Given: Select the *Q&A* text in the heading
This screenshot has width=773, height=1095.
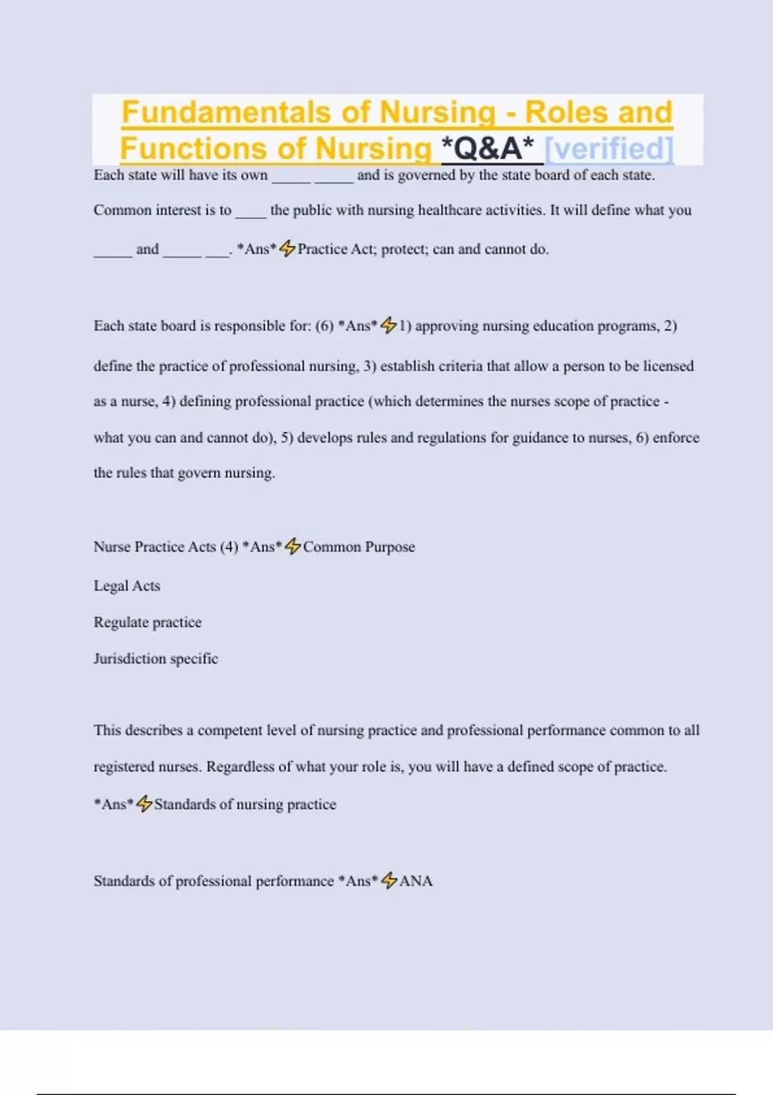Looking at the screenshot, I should coord(488,148).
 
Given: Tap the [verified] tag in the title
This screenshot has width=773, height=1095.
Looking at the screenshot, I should coord(609,148).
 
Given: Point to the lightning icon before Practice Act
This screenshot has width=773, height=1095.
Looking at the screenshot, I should coord(287,248).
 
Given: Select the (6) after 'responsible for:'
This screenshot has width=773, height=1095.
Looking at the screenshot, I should coord(324,326).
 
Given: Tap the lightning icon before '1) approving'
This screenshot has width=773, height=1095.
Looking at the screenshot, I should coord(388,325).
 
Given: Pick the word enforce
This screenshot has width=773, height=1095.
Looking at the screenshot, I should coord(676,437).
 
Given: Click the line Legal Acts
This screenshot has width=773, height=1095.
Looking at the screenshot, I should coord(127,586).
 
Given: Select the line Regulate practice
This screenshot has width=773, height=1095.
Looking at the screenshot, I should coord(148,622).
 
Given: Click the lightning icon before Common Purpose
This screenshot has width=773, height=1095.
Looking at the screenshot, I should coord(292,546).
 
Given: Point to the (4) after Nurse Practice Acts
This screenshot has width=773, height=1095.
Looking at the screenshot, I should coord(229,547).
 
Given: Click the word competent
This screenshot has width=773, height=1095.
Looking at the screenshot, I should coord(227,730).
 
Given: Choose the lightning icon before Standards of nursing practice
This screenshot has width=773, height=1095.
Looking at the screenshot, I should coord(144,803).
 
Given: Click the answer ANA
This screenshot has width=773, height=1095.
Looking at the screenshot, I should coord(415,881).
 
